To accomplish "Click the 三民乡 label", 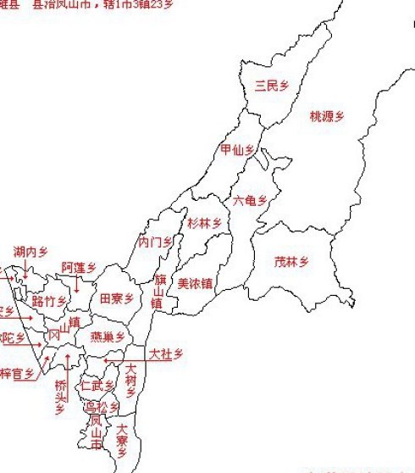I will (x=272, y=86).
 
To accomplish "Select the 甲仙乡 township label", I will (x=237, y=150).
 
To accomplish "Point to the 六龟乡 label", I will (x=250, y=201).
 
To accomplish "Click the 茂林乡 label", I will (x=291, y=262).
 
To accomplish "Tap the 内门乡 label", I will (x=155, y=242).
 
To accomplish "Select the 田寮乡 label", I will (x=117, y=298).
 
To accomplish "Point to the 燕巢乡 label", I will (x=108, y=337).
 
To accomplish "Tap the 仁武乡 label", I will (x=97, y=386).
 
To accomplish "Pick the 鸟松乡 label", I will (x=101, y=407).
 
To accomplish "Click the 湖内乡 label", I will (x=30, y=252).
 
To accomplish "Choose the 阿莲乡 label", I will (x=79, y=267).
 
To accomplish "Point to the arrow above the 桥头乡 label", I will (x=67, y=365).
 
